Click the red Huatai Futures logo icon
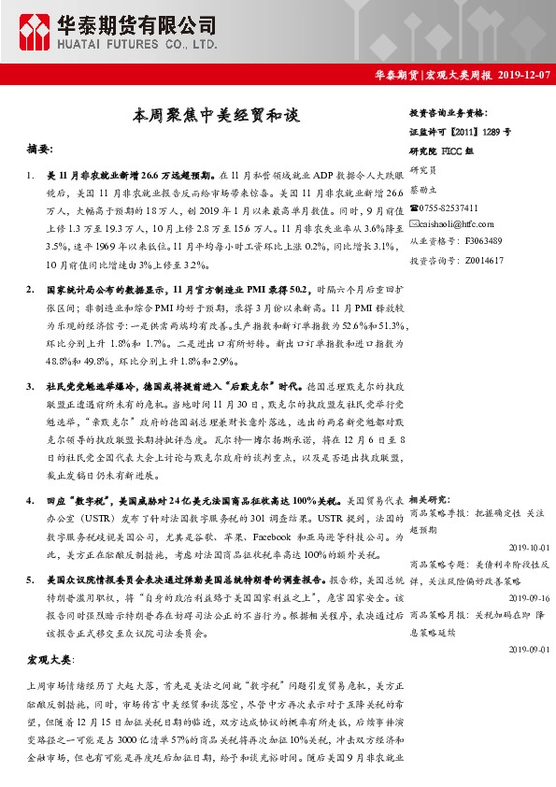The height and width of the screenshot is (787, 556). pos(36,31)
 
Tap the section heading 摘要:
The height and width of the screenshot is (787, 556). pos(47,149)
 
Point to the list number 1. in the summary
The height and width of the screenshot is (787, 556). pos(32,175)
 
